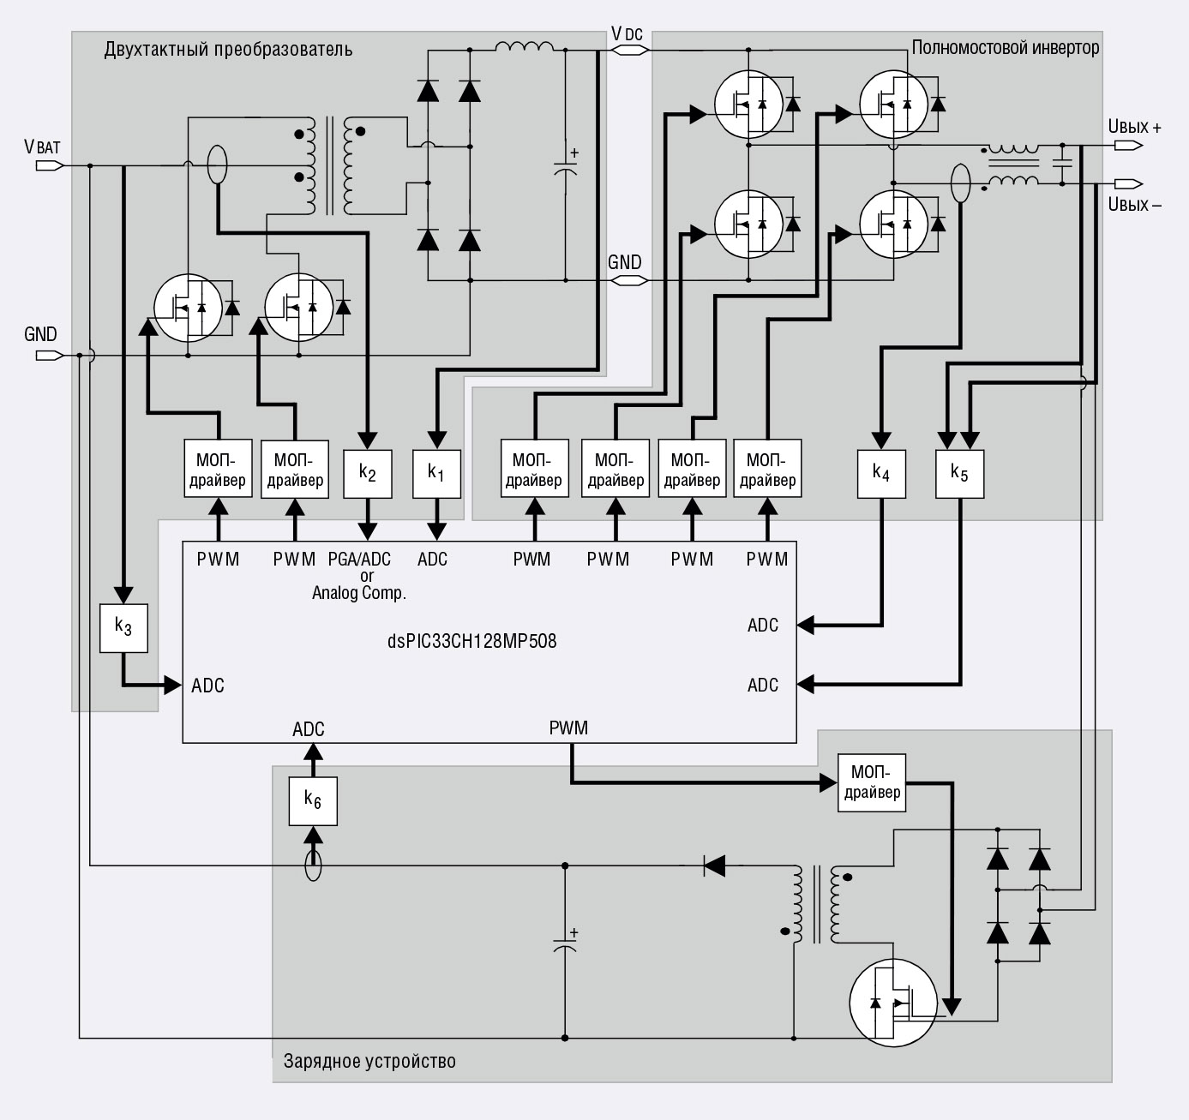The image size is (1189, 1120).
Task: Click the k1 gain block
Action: pos(436,474)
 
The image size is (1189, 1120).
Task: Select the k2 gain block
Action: pos(368,474)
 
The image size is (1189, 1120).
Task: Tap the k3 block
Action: pos(123,628)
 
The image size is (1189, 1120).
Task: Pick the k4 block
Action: pos(881,474)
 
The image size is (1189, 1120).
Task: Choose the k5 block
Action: pos(960,474)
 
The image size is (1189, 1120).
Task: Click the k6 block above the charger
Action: pos(313,801)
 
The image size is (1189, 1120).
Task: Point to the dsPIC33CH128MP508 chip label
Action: pos(471,641)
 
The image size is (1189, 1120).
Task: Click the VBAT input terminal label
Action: pos(42,147)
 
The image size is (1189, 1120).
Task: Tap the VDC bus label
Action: pos(627,34)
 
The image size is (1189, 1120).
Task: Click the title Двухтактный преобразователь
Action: pos(228,49)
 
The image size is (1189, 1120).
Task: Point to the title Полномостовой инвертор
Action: pos(1006,47)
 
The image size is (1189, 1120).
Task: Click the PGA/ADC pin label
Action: pos(359,559)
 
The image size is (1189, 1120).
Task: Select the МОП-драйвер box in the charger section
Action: pos(872,782)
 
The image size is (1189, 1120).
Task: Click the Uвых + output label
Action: pos(1134,127)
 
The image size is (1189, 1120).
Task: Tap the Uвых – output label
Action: pos(1134,205)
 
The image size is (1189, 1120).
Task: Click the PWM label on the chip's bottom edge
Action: pos(568,728)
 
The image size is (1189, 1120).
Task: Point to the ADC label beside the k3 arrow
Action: pos(207,686)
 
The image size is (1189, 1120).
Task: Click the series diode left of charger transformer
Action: pos(714,865)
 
